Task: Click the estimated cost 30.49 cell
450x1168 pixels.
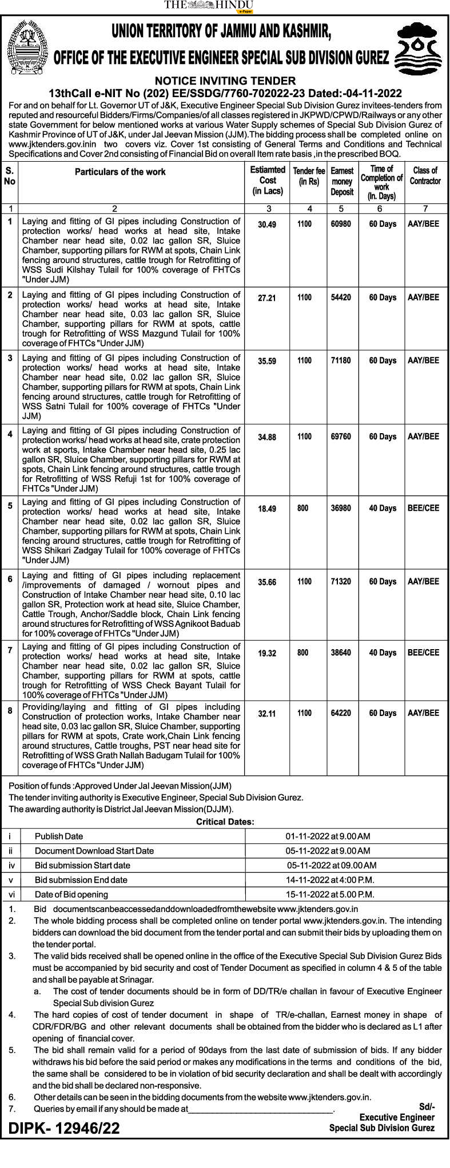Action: click(x=267, y=225)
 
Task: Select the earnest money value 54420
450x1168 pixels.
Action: click(x=341, y=298)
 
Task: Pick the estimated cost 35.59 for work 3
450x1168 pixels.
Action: click(x=267, y=361)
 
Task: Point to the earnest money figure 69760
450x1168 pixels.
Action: click(x=341, y=437)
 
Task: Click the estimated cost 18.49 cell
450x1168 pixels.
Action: click(x=267, y=509)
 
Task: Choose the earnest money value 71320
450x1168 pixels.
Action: click(x=341, y=582)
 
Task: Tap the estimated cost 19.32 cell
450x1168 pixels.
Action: click(x=267, y=653)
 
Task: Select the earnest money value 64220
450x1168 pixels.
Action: click(x=341, y=713)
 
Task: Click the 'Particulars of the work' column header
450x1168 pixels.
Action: click(x=120, y=172)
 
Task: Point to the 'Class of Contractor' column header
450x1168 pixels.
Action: click(x=425, y=175)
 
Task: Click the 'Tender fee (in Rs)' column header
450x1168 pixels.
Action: click(x=309, y=176)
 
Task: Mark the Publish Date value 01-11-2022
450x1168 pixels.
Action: click(x=328, y=836)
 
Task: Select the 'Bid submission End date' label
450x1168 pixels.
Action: click(x=81, y=880)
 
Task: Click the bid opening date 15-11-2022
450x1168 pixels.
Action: click(x=330, y=894)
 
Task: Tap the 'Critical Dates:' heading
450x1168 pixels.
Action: click(x=225, y=822)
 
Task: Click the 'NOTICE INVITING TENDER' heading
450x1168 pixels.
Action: click(x=225, y=81)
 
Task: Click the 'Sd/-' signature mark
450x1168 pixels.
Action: click(x=427, y=1107)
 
